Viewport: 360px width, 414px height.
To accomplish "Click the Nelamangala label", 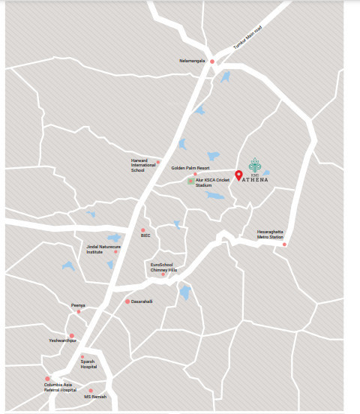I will (x=192, y=61).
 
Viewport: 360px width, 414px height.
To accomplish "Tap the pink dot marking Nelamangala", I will (x=212, y=61).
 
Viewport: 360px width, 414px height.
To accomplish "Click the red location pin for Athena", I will (x=238, y=176).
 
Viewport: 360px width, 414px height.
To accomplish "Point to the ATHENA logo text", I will (x=256, y=179).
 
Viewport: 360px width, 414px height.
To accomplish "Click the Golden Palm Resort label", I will (x=190, y=168).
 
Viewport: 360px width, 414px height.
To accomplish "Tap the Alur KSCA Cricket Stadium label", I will (x=209, y=182).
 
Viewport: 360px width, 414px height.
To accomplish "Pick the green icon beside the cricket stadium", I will (x=190, y=181).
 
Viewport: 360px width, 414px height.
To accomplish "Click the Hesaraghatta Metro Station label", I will (x=270, y=233).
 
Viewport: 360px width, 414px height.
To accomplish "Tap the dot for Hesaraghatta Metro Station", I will (x=284, y=244).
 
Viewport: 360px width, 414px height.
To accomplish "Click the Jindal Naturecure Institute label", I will (x=100, y=249).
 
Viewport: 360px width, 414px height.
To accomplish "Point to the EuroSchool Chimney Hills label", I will (x=163, y=267).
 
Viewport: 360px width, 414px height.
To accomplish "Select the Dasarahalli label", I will (x=142, y=301).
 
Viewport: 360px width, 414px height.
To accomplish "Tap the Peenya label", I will (x=78, y=305).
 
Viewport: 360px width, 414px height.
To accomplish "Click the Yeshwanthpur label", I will (x=63, y=340).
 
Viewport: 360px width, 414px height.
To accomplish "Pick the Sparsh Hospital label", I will (x=88, y=364).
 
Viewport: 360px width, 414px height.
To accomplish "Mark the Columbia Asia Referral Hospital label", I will (x=60, y=388).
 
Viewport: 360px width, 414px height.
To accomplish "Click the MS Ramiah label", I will (x=95, y=396).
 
